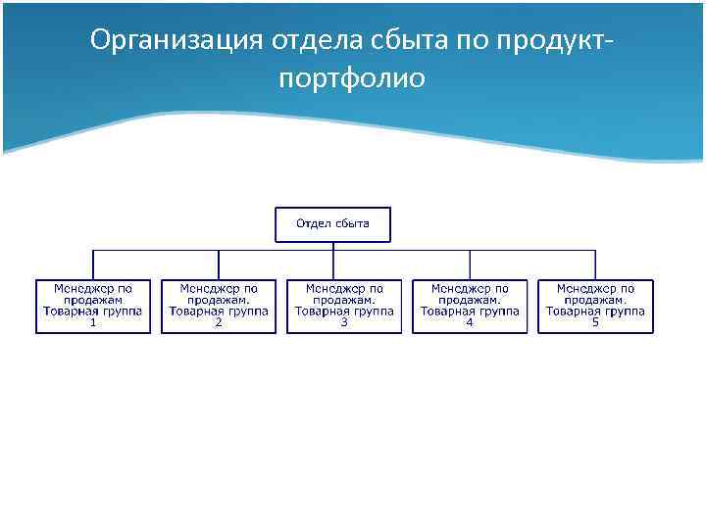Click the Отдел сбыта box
click(332, 224)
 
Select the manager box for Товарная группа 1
click(93, 306)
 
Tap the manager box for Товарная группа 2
click(219, 306)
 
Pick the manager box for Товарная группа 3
click(344, 306)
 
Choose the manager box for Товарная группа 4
click(470, 306)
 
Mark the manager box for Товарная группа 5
click(595, 306)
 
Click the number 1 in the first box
click(93, 322)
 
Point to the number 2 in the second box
click(219, 322)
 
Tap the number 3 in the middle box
click(344, 322)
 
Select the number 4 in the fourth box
click(470, 322)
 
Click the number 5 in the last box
click(595, 322)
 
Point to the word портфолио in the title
click(352, 78)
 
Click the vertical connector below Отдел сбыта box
click(333, 246)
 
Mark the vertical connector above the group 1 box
click(93, 264)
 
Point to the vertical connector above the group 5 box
click(595, 264)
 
